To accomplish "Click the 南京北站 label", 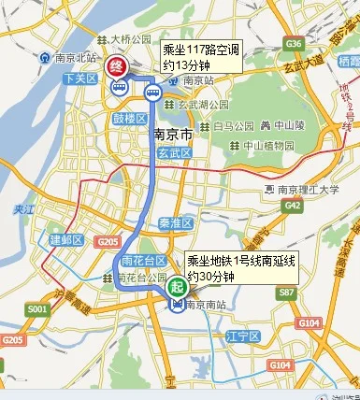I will pos(71,56).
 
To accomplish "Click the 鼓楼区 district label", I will pos(130,119).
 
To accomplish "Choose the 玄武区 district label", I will pos(173,153).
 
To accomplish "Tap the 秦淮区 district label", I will pos(175,223).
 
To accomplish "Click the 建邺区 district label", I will pos(66,240).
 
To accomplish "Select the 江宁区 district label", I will pos(243,335).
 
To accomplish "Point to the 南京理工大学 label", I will pos(307,190).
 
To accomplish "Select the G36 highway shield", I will pos(295,44).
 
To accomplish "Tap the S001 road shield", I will pos(37,307).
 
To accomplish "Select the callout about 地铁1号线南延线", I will pos(240,269).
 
